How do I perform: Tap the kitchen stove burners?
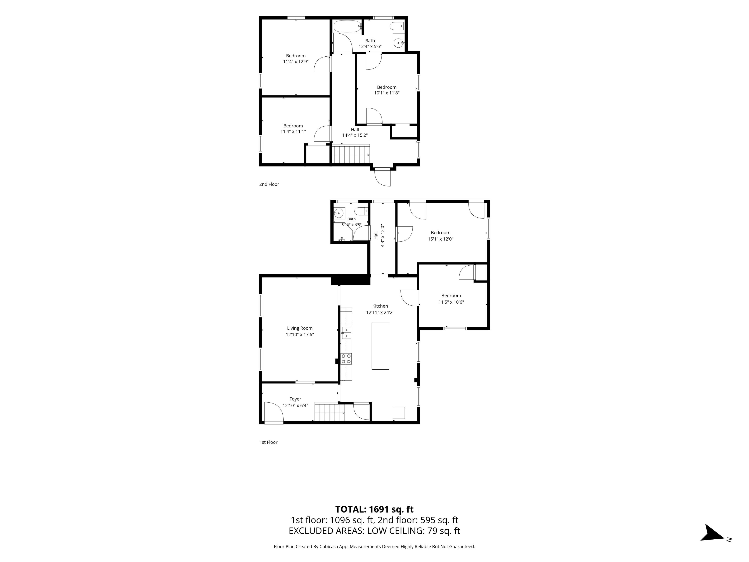(346, 359)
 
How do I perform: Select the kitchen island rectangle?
(380, 346)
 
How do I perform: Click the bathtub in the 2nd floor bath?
(347, 26)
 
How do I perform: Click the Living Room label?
(300, 328)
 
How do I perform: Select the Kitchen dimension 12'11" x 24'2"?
(380, 312)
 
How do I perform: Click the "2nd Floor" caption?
(269, 184)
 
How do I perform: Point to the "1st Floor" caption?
(268, 442)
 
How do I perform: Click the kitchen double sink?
(346, 333)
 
